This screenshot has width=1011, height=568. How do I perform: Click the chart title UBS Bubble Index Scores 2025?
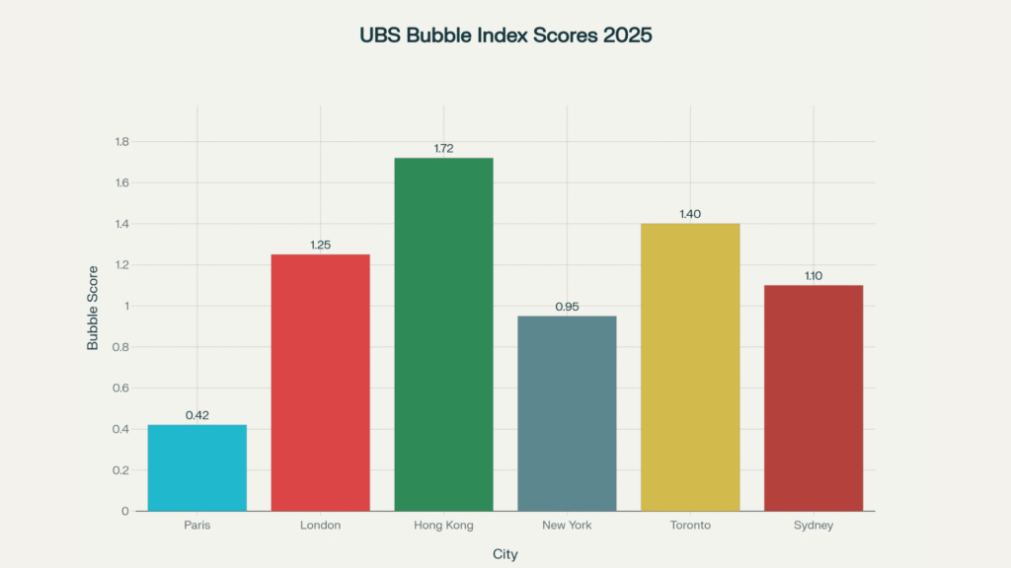(x=505, y=35)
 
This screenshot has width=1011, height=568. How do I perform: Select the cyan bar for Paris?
(x=197, y=467)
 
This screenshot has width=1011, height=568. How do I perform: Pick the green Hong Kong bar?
(x=443, y=334)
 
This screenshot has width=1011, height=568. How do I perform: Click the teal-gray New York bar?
(x=567, y=413)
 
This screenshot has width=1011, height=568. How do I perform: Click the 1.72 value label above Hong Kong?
(x=443, y=149)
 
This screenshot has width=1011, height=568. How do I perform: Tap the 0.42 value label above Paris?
(x=197, y=415)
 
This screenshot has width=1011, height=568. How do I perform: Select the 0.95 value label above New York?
(x=567, y=307)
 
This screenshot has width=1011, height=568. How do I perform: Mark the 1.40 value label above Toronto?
(x=690, y=214)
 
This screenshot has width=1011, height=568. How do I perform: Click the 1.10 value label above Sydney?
(x=814, y=276)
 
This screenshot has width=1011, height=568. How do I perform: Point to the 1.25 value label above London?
(x=320, y=245)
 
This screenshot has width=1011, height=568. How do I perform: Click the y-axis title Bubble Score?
(x=93, y=308)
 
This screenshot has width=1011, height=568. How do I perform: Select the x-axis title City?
(x=505, y=554)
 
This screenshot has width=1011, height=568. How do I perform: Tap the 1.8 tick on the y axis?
(x=122, y=142)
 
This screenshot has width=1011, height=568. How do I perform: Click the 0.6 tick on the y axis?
(x=122, y=389)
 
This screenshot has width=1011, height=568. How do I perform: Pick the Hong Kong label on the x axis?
(x=443, y=526)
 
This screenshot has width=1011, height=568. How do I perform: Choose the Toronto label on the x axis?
(x=690, y=526)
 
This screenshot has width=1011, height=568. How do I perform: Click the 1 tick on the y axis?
(x=125, y=306)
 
